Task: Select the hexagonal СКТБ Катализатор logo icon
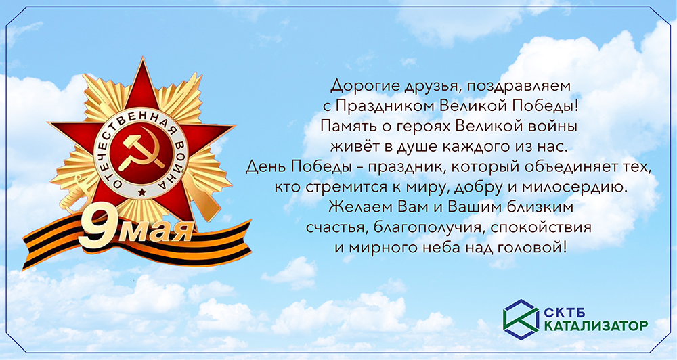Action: tap(520, 317)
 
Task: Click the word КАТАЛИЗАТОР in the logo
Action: tap(595, 326)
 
